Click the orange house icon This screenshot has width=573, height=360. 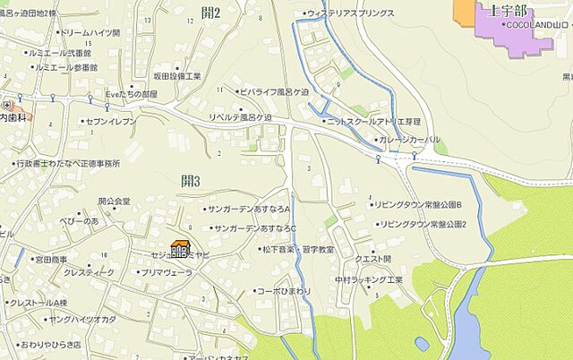[x=179, y=250]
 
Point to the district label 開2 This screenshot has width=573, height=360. [x=211, y=13]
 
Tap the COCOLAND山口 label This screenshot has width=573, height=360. [x=537, y=24]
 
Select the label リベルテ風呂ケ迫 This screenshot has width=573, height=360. [x=239, y=117]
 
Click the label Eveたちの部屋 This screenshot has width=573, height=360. [x=131, y=93]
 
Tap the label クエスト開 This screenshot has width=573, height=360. [x=373, y=259]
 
